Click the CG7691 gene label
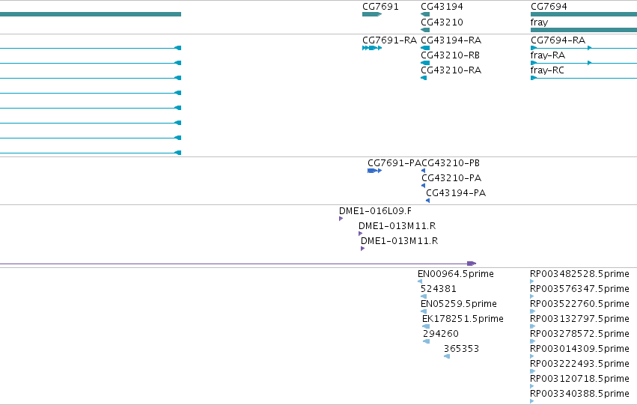point(380,7)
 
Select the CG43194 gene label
point(442,7)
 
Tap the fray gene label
point(539,22)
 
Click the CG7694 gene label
point(549,7)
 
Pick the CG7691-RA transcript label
point(389,40)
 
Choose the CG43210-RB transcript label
point(450,55)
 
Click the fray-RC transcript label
point(547,70)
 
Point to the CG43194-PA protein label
point(456,193)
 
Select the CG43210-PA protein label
point(451,178)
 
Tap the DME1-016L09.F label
point(375,211)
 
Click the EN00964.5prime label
point(456,274)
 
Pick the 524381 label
point(439,289)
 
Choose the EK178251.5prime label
point(463,319)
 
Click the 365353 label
point(462,349)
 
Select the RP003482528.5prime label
point(579,274)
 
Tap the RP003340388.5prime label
point(579,394)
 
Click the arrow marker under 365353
point(447,356)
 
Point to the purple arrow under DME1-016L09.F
point(341,219)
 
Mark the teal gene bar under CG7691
point(372,14)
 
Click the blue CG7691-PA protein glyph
point(374,171)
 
